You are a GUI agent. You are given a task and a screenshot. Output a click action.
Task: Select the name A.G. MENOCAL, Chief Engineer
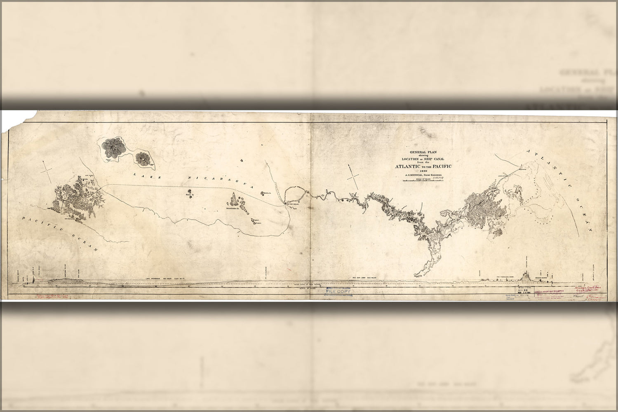pos(423,175)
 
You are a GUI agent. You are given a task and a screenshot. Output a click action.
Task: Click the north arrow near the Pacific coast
pos(48,171)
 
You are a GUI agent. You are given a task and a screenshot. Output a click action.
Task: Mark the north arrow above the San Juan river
pos(353,177)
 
